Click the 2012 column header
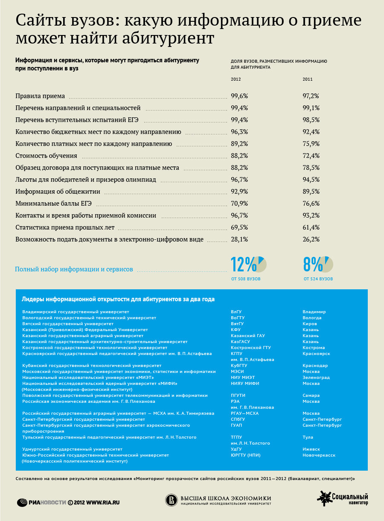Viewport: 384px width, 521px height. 236,79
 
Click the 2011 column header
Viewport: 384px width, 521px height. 308,79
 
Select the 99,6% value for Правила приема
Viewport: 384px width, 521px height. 239,96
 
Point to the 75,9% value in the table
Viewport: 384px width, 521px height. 311,144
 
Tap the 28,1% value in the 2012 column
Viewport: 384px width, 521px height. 239,239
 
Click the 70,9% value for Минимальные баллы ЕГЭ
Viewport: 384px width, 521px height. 239,203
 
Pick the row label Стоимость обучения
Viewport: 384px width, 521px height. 46,156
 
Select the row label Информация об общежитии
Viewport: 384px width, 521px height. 58,192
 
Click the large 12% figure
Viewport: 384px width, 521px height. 243,264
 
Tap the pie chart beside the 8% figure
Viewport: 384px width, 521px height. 326,264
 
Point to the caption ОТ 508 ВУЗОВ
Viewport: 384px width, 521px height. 246,279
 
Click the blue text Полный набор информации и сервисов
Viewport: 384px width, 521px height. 74,269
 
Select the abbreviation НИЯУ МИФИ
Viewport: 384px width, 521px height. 245,383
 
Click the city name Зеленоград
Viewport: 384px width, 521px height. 316,378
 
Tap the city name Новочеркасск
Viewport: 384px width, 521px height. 319,455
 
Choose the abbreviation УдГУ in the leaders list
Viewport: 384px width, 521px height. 236,449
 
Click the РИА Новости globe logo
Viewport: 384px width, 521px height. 22,503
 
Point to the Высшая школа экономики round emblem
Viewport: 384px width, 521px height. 172,500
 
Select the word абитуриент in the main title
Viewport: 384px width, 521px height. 168,38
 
